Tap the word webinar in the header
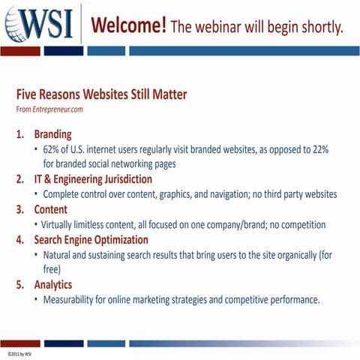pos(231,28)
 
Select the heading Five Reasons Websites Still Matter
pos(101,95)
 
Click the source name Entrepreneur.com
pos(57,109)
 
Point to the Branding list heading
pos(52,135)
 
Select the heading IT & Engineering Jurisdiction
pos(93,179)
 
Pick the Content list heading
pos(50,209)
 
